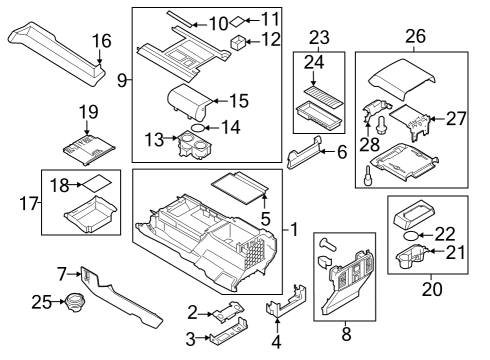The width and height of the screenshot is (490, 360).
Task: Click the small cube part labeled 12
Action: point(239,42)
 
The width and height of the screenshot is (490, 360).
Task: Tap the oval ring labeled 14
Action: point(199,128)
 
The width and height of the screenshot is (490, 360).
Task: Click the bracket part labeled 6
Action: point(305,157)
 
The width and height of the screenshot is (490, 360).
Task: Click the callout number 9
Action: point(122,80)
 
